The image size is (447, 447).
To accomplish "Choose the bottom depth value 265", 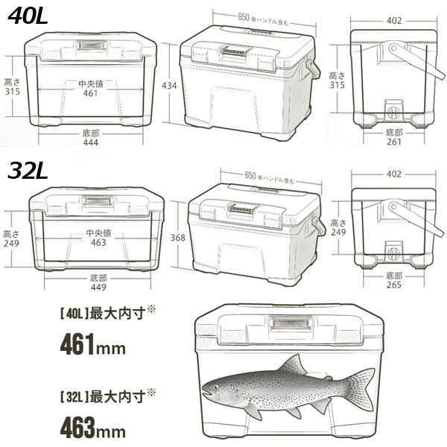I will coord(395,286).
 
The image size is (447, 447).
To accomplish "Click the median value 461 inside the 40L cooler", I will coord(90,94).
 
